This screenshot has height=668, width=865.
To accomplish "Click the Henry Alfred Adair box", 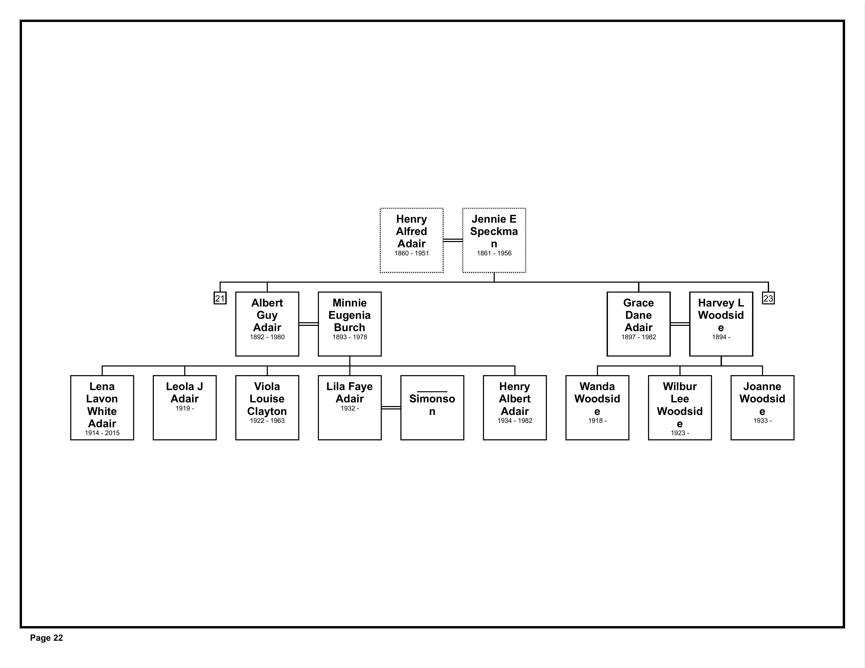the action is click(411, 240).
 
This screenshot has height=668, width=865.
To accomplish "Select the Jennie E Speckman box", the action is click(494, 240).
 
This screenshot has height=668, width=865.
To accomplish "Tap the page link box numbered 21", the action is click(220, 298).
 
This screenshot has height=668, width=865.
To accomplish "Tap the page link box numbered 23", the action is click(768, 298).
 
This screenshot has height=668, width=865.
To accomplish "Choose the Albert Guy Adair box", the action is click(267, 324).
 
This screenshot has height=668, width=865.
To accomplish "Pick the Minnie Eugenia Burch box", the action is click(350, 324).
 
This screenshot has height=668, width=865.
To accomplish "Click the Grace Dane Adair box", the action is click(638, 324).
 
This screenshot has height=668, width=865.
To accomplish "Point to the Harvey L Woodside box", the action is click(721, 324).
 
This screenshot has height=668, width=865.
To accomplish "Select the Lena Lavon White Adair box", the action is click(102, 407).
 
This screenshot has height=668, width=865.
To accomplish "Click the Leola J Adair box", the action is click(184, 407).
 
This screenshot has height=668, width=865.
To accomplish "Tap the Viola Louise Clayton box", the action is click(267, 407).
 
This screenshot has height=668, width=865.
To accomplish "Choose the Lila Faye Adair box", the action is click(350, 407).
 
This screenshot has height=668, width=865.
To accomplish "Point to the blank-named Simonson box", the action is click(432, 407).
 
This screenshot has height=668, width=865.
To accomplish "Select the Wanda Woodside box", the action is click(597, 407).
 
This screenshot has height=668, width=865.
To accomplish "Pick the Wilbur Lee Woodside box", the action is click(680, 407).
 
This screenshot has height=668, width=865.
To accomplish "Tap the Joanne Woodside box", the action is click(763, 407).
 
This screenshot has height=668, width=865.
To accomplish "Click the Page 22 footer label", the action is click(46, 638).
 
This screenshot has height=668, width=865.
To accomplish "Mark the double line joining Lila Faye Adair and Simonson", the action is click(391, 407).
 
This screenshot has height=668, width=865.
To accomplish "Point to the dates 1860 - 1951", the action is click(411, 253).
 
